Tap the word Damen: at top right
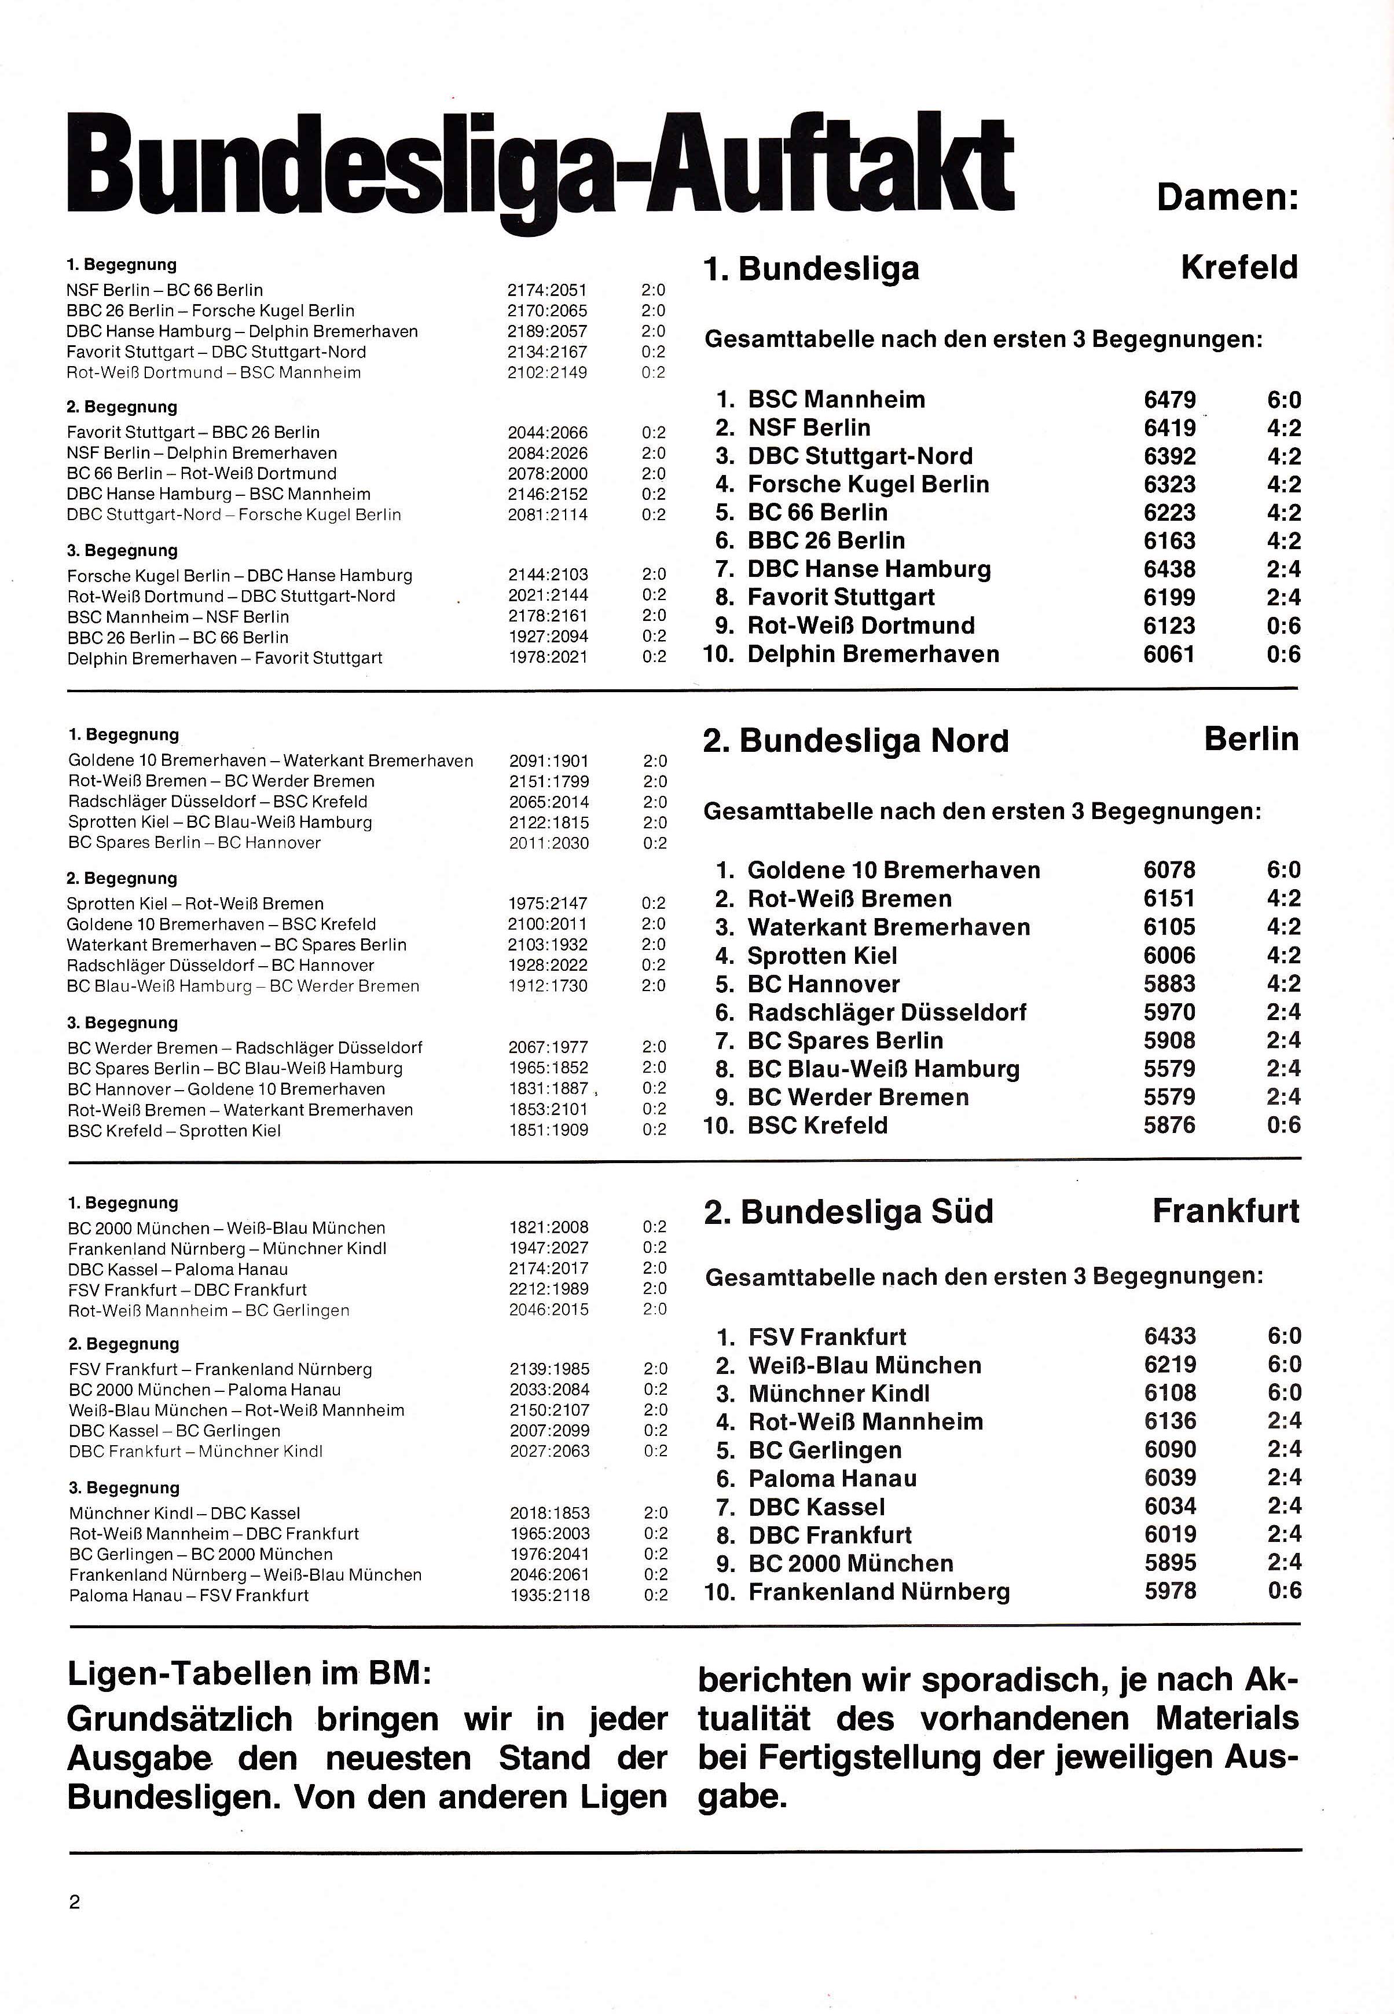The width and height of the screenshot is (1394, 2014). pos(1227,198)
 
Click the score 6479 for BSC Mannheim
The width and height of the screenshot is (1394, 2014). pos(1169,400)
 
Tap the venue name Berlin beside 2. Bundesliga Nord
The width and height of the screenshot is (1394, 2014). pos(1251,739)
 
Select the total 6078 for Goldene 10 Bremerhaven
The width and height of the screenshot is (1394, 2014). pos(1169,870)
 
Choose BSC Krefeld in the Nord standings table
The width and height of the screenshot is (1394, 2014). pos(817,1125)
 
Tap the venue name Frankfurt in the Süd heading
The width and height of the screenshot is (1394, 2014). pos(1226,1211)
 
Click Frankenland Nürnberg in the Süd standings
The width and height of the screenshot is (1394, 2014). pos(879,1591)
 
